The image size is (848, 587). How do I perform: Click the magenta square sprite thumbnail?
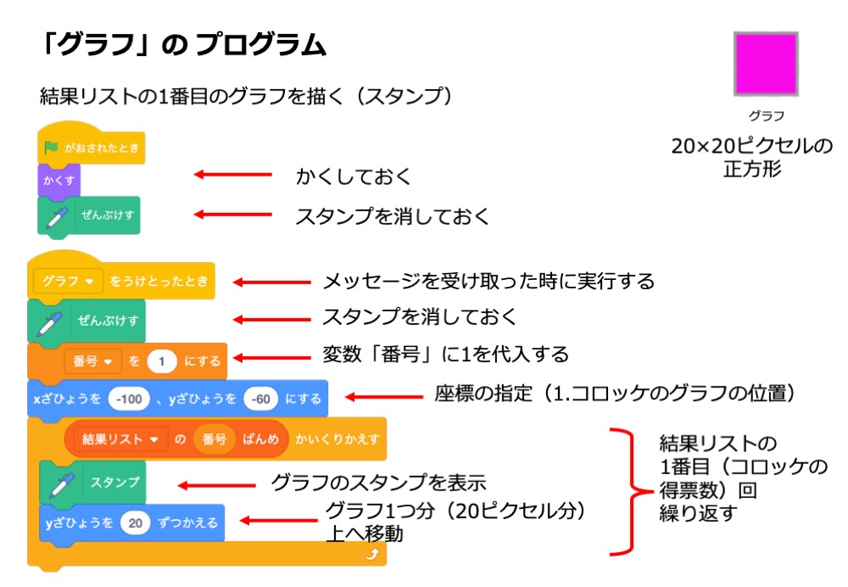766,64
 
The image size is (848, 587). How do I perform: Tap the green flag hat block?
92,148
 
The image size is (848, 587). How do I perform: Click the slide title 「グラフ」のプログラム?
183,45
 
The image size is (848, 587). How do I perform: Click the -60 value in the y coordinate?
261,399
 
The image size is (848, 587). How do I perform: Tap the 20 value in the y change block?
134,523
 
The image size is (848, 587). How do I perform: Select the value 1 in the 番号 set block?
161,361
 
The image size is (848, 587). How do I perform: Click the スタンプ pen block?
92,482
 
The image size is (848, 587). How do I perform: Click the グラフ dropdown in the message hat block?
67,281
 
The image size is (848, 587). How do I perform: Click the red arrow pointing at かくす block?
232,175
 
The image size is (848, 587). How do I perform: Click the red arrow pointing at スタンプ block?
216,485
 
